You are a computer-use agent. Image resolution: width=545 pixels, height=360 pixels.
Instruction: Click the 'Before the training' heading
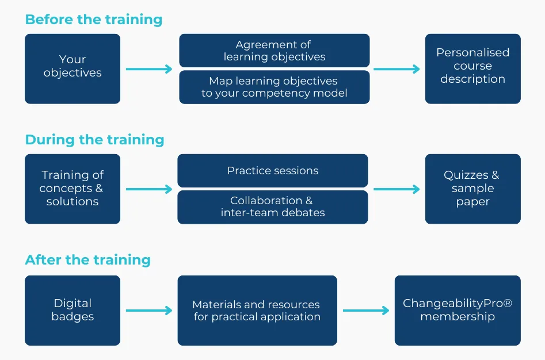(x=93, y=20)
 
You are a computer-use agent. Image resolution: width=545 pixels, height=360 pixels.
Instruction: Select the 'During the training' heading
(x=94, y=140)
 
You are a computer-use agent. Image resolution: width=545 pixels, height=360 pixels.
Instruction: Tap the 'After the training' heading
(x=87, y=260)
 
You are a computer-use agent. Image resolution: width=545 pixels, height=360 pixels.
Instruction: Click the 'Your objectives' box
(x=73, y=68)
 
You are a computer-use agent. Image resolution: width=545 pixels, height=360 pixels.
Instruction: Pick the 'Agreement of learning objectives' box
(x=274, y=51)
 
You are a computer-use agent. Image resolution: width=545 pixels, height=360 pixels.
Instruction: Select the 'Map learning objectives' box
(x=274, y=87)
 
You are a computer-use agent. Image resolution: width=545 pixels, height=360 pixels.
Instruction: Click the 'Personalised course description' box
(x=472, y=68)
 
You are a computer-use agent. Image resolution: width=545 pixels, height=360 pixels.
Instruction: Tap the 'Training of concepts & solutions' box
(x=73, y=189)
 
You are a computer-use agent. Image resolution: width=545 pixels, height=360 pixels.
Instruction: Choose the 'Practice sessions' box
(x=272, y=171)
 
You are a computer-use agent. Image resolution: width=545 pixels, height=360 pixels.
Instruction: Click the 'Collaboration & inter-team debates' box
(x=272, y=207)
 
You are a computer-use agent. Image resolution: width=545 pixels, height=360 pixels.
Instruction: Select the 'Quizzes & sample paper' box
(x=472, y=189)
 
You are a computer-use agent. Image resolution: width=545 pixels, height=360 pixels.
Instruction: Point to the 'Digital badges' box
(x=73, y=310)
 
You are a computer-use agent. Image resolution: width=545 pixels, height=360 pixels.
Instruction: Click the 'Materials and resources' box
(x=257, y=310)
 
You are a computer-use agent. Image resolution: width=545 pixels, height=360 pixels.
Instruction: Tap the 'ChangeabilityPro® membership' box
(x=458, y=310)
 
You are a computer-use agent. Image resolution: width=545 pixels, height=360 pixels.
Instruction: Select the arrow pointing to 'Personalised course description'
(x=397, y=69)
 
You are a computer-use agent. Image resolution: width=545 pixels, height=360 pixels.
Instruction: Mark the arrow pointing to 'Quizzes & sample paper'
(x=397, y=189)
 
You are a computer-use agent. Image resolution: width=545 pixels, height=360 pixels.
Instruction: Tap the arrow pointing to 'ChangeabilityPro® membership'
(x=365, y=311)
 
